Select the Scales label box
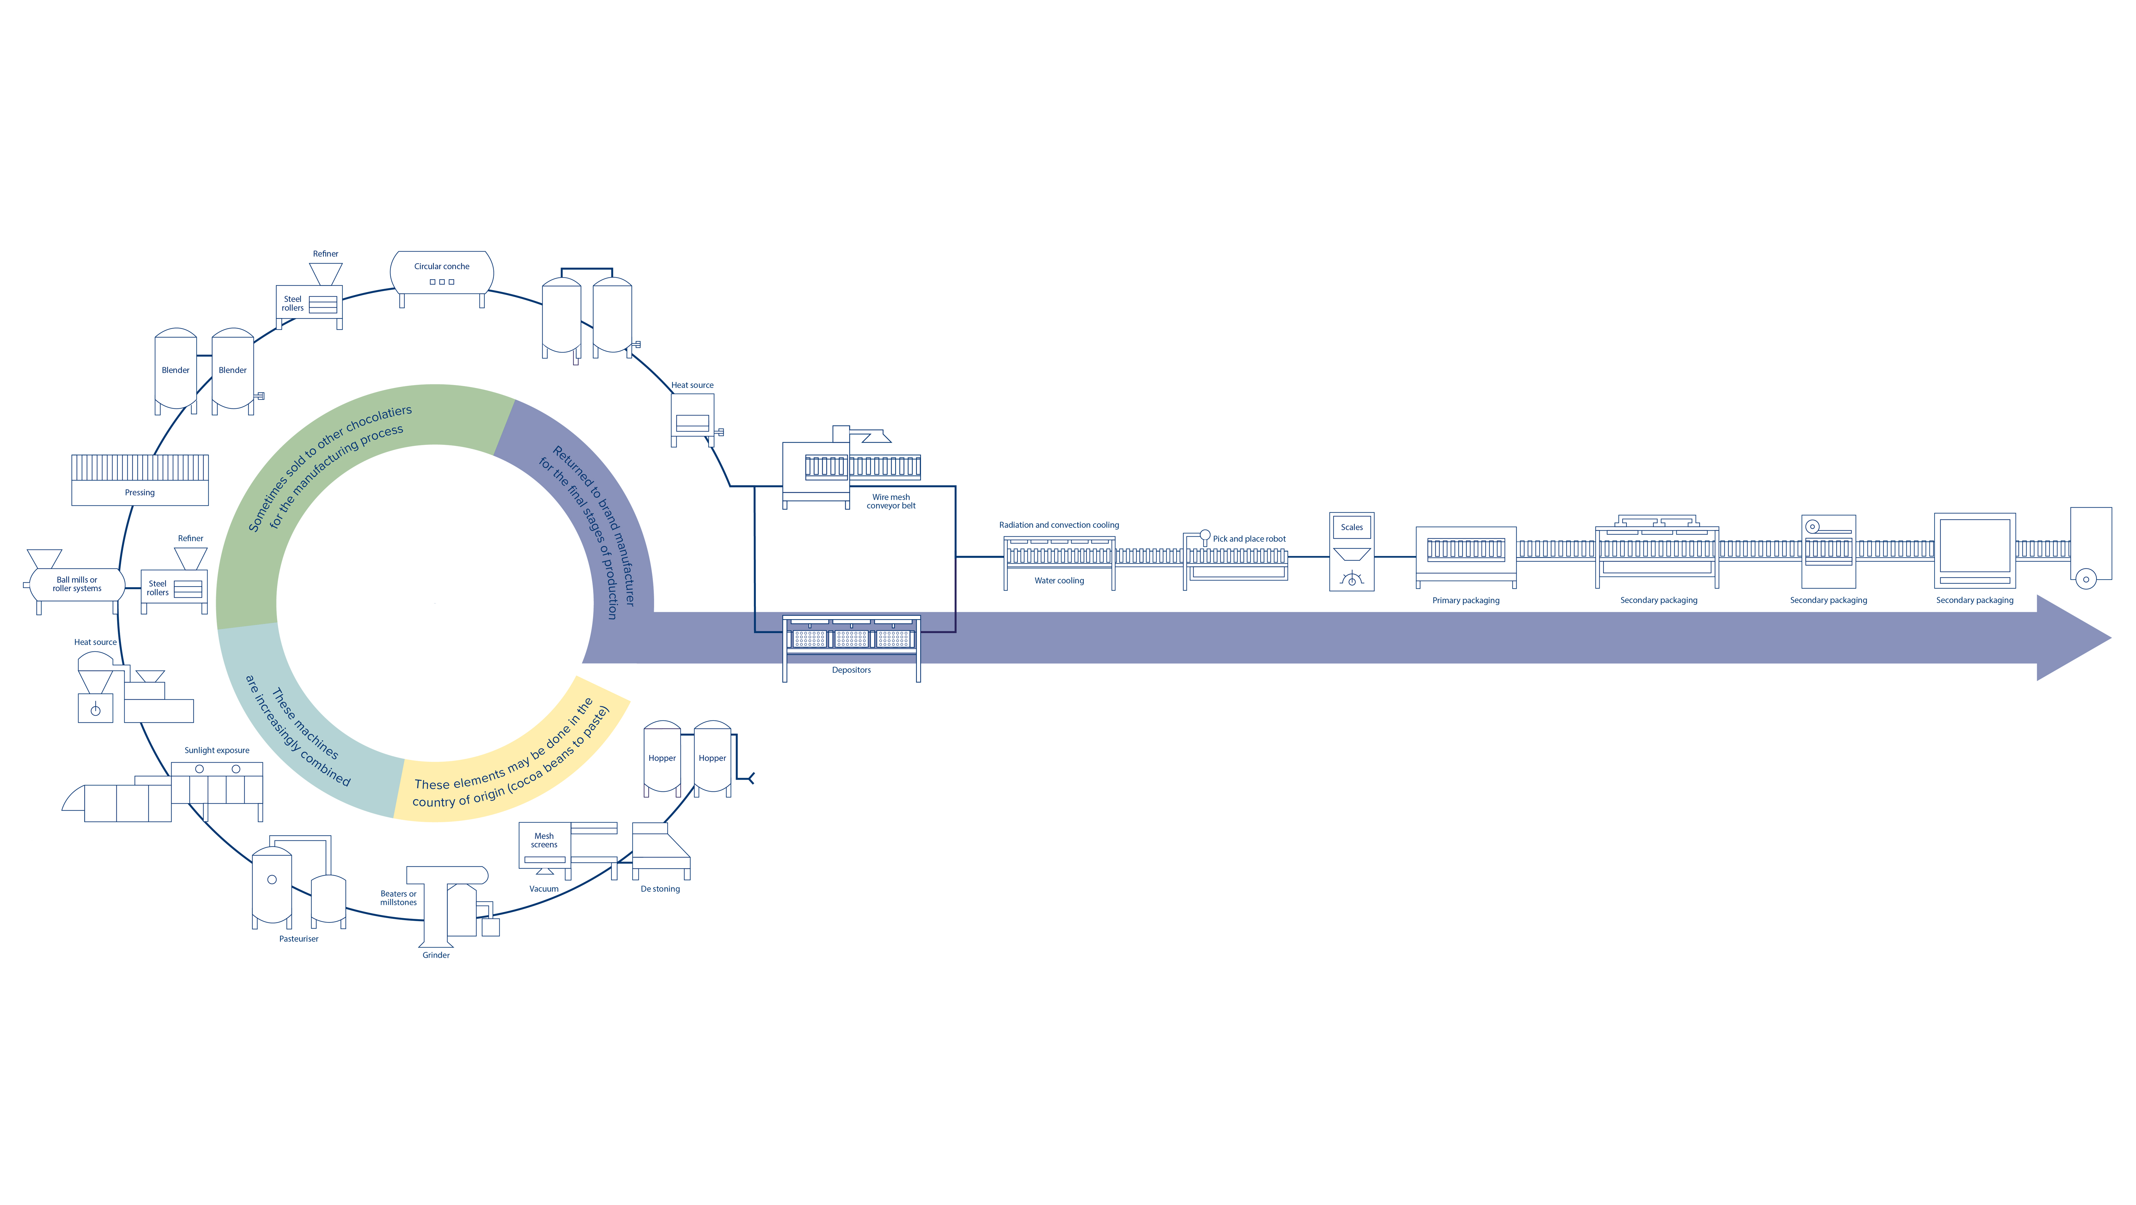pyautogui.click(x=1352, y=527)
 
